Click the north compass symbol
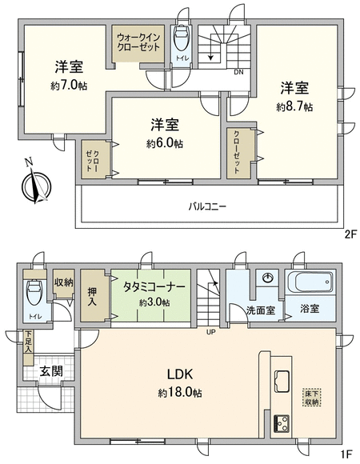tap(36, 186)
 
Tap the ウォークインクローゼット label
tap(138, 42)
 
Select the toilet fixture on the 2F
tap(182, 38)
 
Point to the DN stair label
tap(238, 72)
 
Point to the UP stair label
tap(211, 332)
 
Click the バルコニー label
tap(208, 206)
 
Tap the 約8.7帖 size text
tap(294, 107)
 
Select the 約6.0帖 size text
tap(165, 143)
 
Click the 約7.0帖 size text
tap(69, 86)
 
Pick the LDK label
tap(180, 374)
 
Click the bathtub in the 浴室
tap(310, 282)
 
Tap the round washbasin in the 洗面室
tap(268, 278)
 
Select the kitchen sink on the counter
tap(282, 381)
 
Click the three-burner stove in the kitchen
tap(282, 424)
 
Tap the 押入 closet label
tap(92, 297)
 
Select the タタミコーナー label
tap(154, 286)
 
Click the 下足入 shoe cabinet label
tap(28, 342)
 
